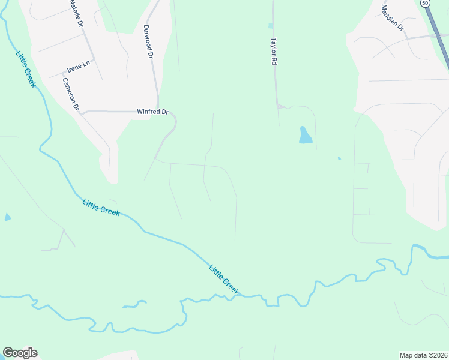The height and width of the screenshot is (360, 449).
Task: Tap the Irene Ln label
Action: (78, 66)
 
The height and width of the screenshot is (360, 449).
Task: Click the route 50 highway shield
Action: (425, 3)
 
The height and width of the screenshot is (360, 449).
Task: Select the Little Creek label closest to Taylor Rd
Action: (224, 280)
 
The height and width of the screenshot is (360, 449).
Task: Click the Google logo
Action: (20, 353)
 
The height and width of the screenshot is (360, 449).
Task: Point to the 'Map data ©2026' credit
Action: (423, 355)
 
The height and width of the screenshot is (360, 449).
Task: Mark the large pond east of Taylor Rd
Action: (305, 135)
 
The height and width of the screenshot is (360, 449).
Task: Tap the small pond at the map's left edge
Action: (7, 217)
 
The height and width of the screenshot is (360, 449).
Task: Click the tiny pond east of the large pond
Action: (339, 158)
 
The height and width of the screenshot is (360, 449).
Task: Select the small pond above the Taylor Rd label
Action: (270, 26)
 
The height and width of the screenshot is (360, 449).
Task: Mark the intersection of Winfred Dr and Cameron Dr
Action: (82, 112)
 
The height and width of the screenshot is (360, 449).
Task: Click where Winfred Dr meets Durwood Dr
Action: (158, 111)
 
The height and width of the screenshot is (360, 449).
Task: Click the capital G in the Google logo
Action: (8, 353)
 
